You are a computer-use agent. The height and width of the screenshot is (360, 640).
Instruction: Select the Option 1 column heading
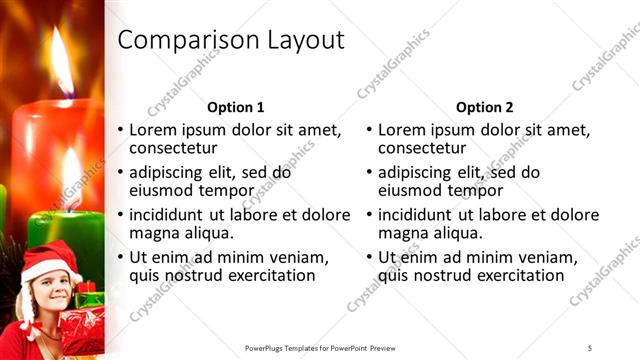235,107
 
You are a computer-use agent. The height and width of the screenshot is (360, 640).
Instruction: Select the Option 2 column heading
485,107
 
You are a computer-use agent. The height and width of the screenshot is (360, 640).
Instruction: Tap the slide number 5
590,346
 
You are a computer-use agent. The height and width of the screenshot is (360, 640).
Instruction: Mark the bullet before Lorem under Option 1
122,130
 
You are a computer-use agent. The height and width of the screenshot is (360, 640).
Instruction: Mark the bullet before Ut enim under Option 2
371,257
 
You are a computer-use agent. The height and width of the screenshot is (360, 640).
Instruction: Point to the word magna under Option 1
154,233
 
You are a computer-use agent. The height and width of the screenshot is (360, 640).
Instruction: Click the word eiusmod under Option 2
412,190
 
